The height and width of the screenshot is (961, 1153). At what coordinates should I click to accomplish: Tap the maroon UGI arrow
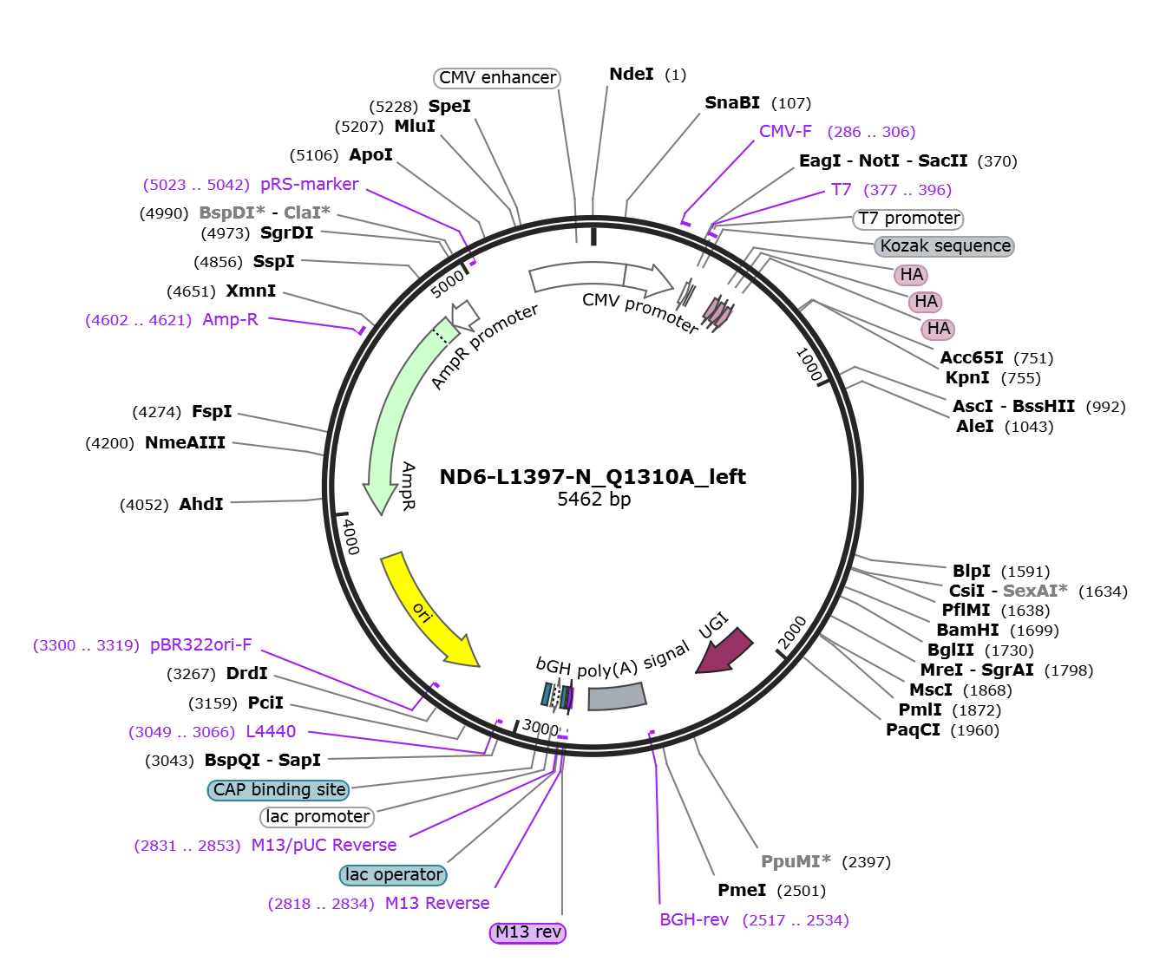(724, 652)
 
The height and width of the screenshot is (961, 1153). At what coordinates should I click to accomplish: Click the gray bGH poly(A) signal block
(617, 696)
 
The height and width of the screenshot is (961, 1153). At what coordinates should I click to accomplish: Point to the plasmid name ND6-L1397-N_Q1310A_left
(593, 476)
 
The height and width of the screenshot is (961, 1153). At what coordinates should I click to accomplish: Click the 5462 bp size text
(593, 499)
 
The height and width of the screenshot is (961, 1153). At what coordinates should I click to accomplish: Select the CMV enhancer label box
(497, 78)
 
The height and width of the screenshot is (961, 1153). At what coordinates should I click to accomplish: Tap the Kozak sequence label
(945, 246)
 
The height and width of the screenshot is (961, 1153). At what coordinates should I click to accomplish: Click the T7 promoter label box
(908, 219)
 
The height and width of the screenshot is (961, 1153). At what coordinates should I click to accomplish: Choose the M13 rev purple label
(527, 932)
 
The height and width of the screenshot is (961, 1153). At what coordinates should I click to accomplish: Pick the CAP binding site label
(278, 790)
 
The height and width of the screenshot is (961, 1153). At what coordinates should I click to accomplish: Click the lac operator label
(393, 875)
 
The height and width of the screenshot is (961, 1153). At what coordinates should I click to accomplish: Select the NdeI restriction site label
(632, 74)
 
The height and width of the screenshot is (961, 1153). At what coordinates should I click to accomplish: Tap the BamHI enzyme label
(967, 631)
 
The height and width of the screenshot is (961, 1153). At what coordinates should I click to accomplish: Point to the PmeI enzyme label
(742, 891)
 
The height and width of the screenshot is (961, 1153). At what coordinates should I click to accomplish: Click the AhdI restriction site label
(201, 505)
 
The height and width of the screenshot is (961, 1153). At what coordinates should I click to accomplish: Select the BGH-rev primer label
(694, 920)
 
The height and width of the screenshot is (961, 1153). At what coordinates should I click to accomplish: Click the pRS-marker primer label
(309, 184)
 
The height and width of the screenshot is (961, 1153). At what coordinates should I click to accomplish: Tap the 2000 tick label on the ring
(792, 632)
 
